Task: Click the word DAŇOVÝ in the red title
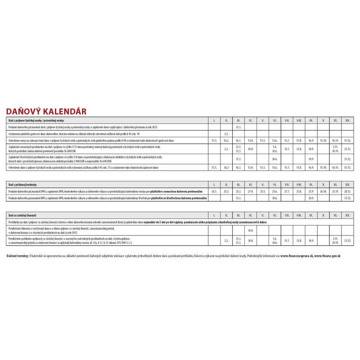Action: tap(23, 111)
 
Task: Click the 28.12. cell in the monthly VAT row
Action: tap(347, 191)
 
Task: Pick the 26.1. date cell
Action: tap(214, 191)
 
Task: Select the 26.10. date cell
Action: tap(323, 191)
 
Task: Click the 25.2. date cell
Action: tap(226, 191)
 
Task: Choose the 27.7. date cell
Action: tap(287, 191)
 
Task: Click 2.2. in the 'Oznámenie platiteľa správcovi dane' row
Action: tap(226, 134)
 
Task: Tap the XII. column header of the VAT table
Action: tap(347, 185)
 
